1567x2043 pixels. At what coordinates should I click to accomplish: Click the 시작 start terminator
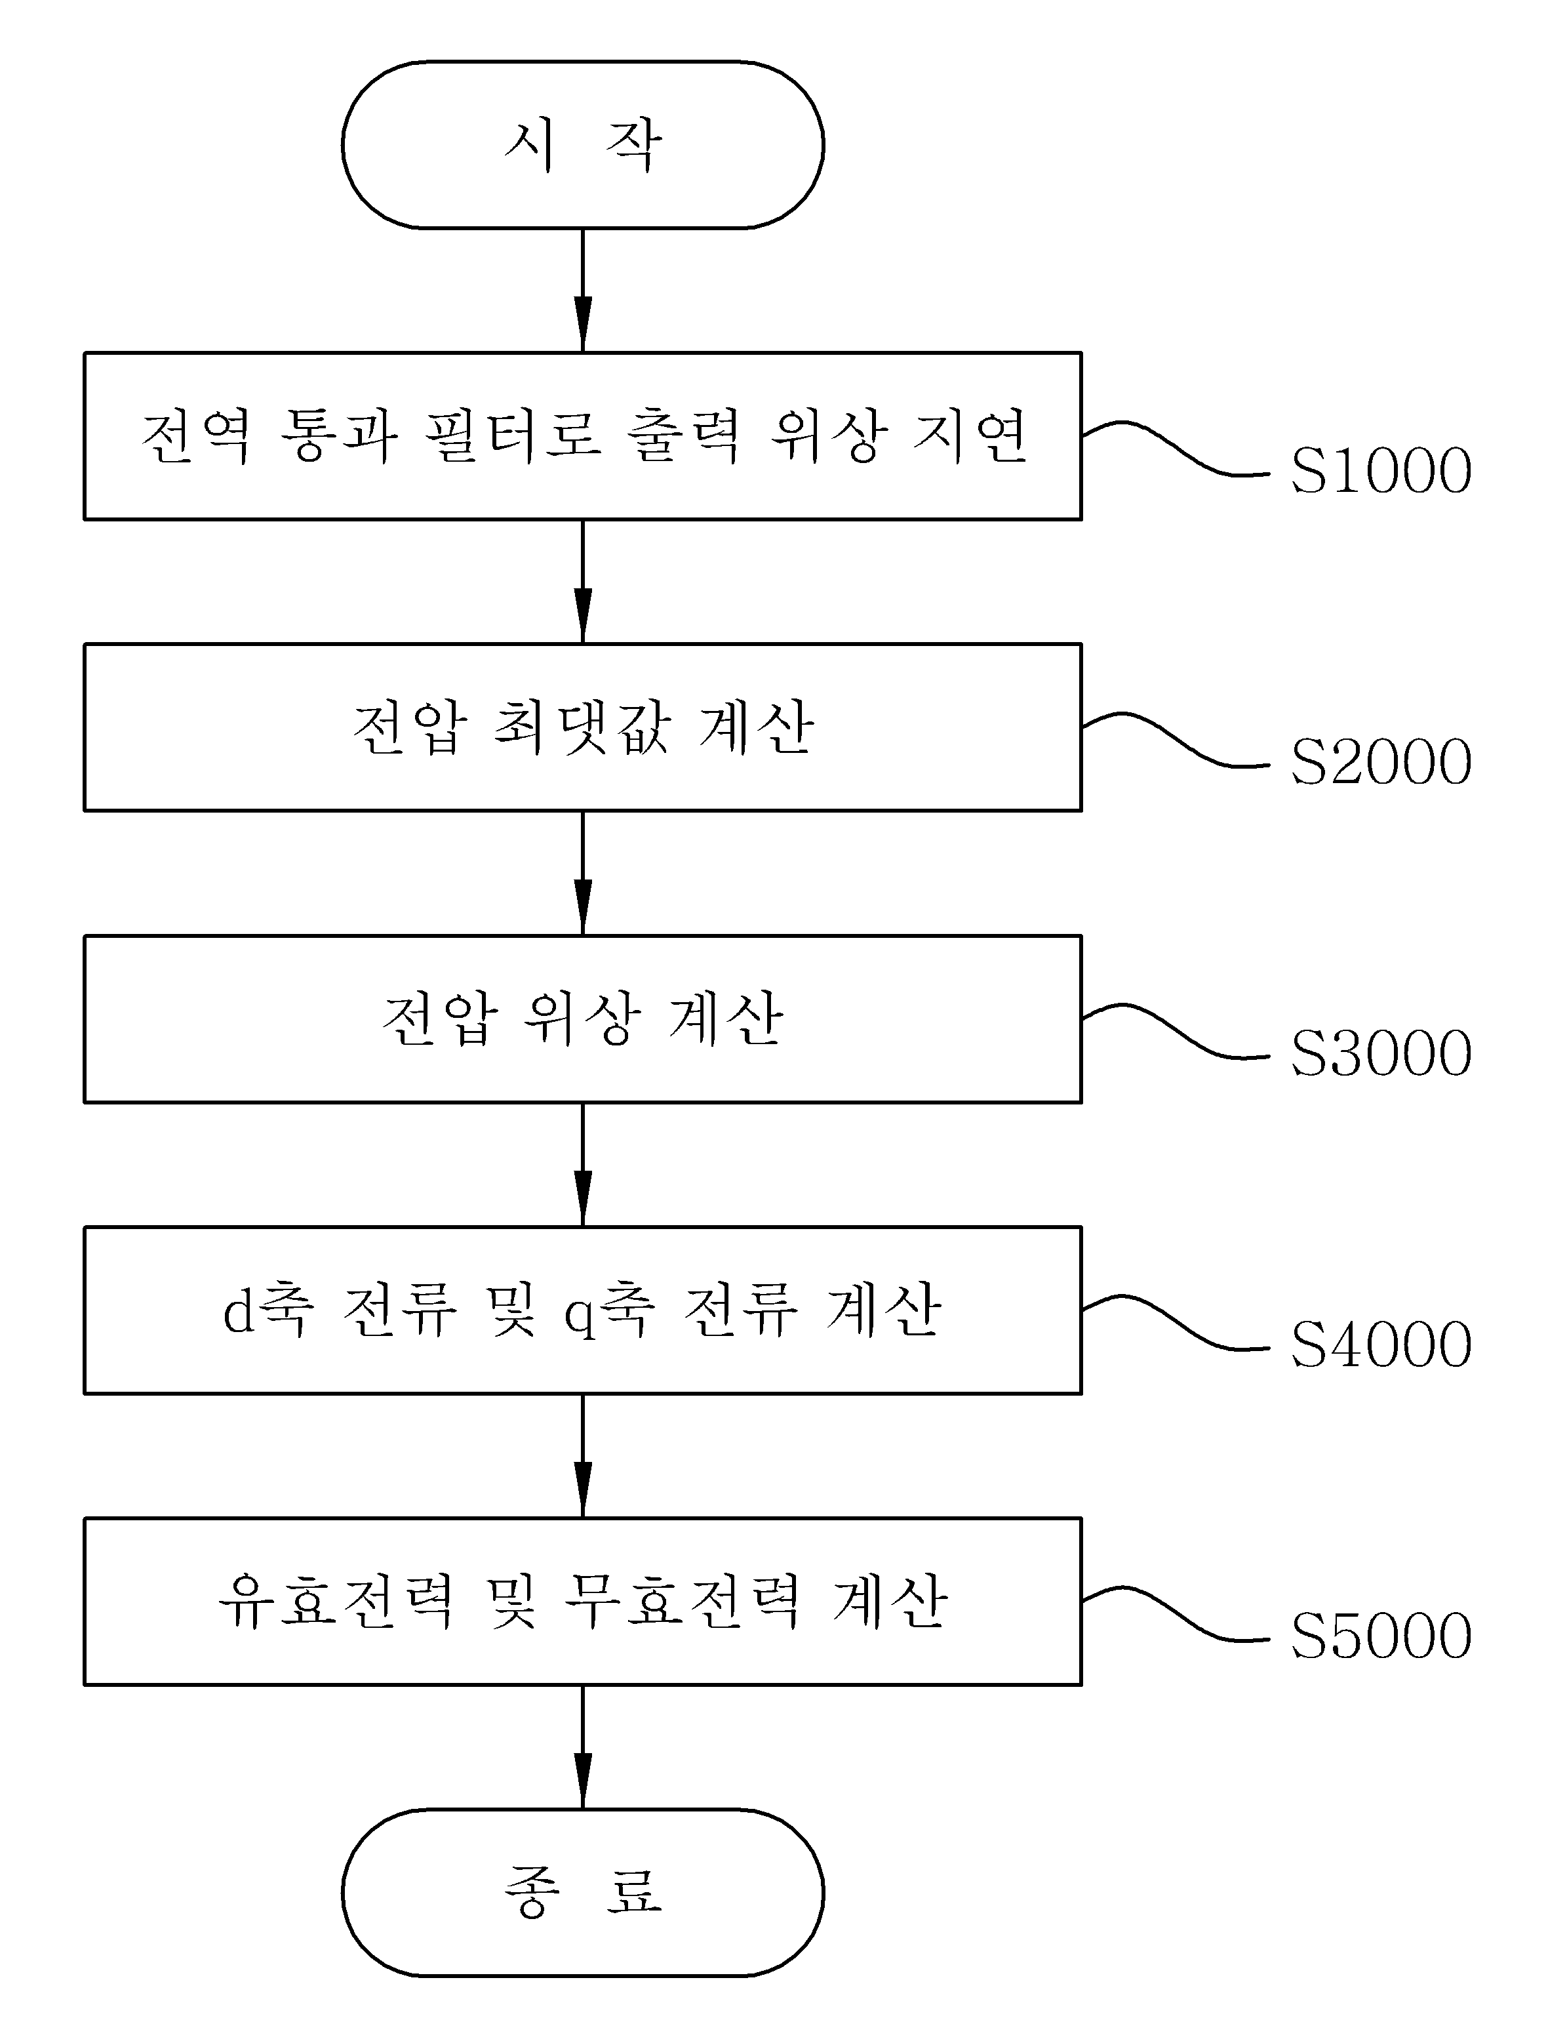(x=583, y=144)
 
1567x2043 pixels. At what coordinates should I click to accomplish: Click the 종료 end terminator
(x=583, y=1892)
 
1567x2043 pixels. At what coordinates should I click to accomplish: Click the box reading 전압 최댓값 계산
(x=583, y=727)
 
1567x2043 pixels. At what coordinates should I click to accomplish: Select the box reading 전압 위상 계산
(x=583, y=1019)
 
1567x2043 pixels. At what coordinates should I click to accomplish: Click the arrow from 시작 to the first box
(x=583, y=290)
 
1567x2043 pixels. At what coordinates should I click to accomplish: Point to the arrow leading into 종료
(x=583, y=1747)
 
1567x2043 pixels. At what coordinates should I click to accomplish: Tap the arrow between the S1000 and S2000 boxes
(x=583, y=581)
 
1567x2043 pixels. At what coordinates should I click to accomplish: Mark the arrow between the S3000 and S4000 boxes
(x=583, y=1164)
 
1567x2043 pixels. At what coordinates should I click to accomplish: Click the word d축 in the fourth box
(x=269, y=1310)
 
